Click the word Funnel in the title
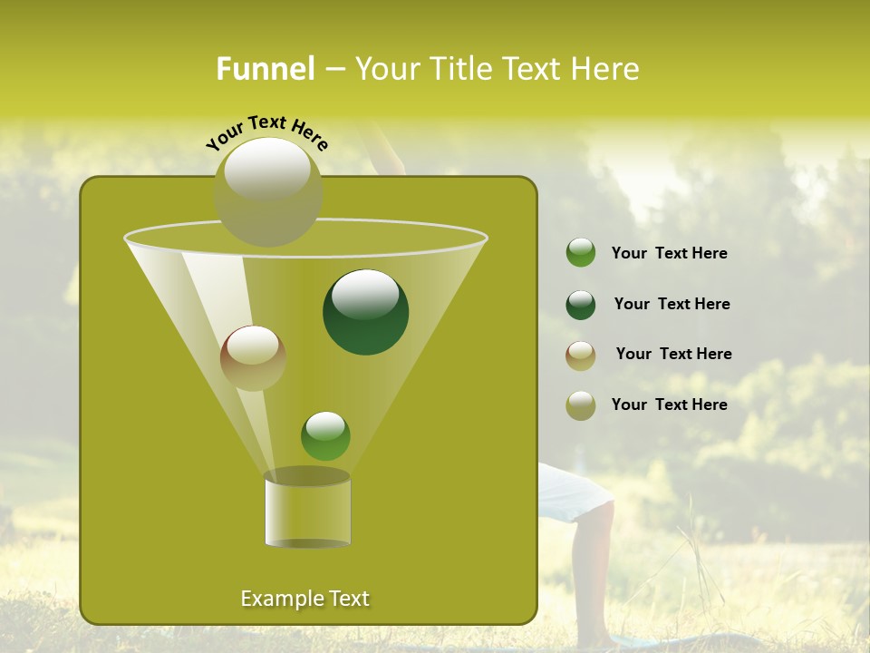click(265, 69)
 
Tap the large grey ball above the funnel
click(268, 191)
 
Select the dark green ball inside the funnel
click(366, 312)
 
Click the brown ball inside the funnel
click(253, 358)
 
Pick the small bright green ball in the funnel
click(325, 436)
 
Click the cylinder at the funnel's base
click(307, 512)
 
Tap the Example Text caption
click(304, 599)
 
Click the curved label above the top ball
click(266, 132)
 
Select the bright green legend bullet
click(581, 253)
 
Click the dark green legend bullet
click(581, 305)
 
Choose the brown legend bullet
click(581, 355)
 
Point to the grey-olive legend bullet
click(581, 405)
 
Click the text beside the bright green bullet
click(669, 254)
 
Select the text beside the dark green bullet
click(672, 305)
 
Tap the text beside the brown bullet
click(673, 355)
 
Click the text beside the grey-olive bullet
click(669, 405)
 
